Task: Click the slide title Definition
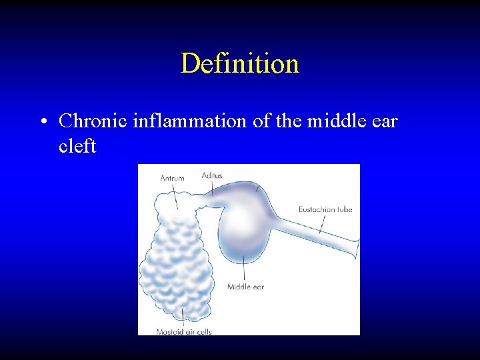239,64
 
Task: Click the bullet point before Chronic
42,122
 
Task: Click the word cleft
77,146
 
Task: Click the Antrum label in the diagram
172,178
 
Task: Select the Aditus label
212,175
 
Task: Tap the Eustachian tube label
325,209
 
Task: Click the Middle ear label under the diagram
245,287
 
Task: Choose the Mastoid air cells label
183,331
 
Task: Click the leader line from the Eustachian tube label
323,224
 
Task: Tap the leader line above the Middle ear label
245,269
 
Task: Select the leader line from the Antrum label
175,195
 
